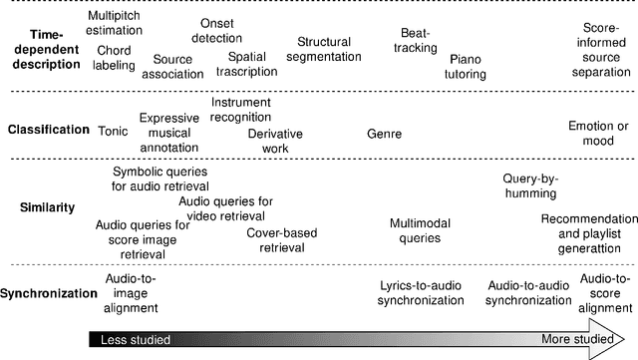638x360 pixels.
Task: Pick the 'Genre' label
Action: click(x=384, y=132)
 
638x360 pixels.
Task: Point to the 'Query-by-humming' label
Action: click(x=530, y=185)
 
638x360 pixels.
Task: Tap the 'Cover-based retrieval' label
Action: click(x=282, y=239)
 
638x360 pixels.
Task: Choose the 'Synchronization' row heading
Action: click(x=48, y=294)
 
